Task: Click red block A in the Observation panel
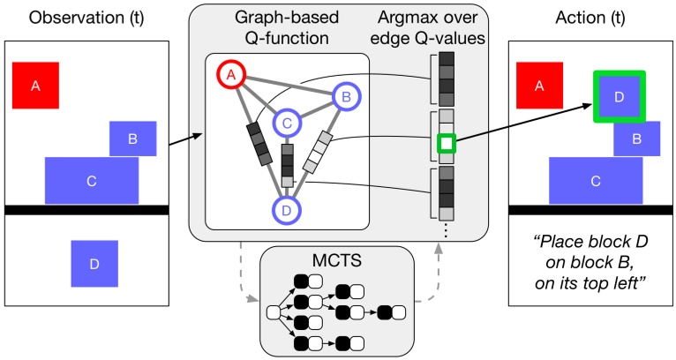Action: (35, 85)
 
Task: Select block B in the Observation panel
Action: (132, 139)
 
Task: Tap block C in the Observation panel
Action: (91, 180)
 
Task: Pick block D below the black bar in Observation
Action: (94, 264)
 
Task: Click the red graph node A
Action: (231, 77)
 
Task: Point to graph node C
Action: (287, 125)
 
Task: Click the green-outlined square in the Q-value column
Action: (447, 142)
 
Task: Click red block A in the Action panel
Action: (540, 85)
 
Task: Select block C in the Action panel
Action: (596, 180)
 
